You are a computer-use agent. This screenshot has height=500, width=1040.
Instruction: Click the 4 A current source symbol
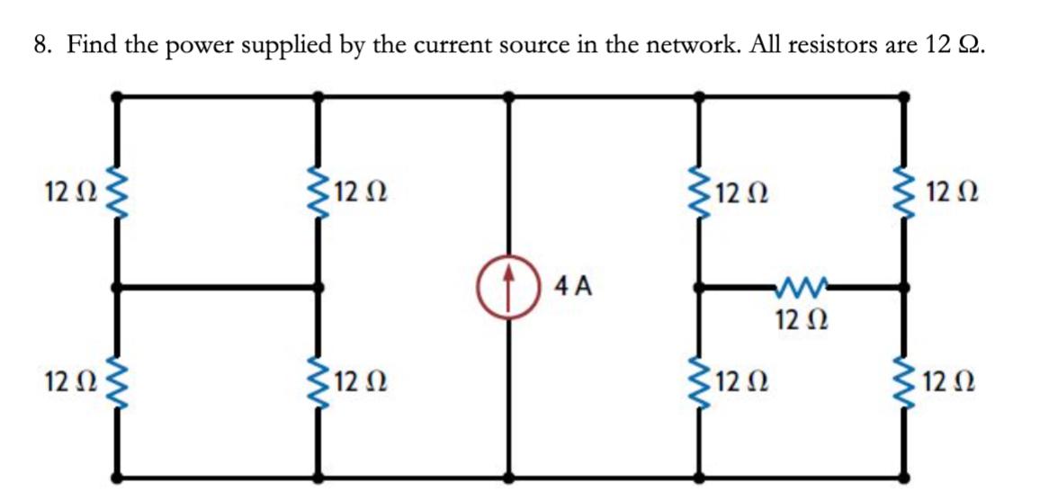point(509,289)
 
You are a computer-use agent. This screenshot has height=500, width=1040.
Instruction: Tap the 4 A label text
point(574,287)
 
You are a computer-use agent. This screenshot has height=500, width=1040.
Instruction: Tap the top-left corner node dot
point(116,94)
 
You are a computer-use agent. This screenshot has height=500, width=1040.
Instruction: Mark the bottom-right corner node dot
point(905,477)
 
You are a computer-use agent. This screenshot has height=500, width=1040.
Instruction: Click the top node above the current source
point(509,94)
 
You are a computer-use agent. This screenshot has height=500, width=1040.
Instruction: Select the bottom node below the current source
point(509,477)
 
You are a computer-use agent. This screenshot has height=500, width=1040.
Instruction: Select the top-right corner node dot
point(905,94)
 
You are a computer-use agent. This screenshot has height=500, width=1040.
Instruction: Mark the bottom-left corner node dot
point(116,477)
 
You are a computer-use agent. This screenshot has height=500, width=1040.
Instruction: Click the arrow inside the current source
point(509,286)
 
